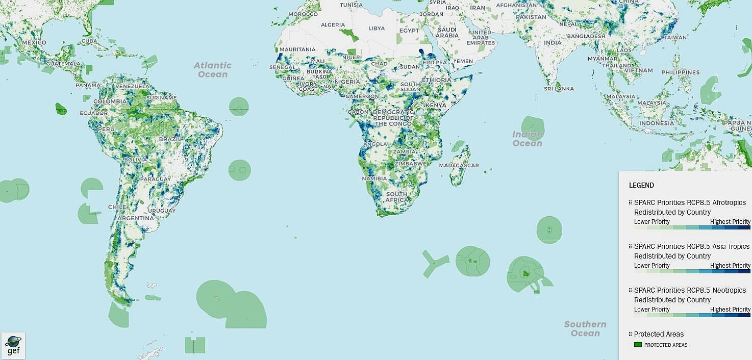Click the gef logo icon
(13, 346)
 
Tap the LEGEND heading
(641, 185)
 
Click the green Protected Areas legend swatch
(637, 345)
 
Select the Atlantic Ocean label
(213, 70)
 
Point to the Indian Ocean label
(527, 139)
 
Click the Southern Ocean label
(585, 328)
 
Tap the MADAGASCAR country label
(459, 166)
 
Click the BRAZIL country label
(170, 139)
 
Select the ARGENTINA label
(136, 218)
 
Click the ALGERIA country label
(333, 25)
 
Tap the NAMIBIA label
(374, 179)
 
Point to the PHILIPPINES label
(680, 72)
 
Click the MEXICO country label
(34, 42)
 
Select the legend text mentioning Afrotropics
(690, 202)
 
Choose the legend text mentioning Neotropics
(690, 290)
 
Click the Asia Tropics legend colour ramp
(692, 271)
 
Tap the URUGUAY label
(162, 211)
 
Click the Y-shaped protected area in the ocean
(434, 263)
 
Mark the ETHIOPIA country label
(436, 80)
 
